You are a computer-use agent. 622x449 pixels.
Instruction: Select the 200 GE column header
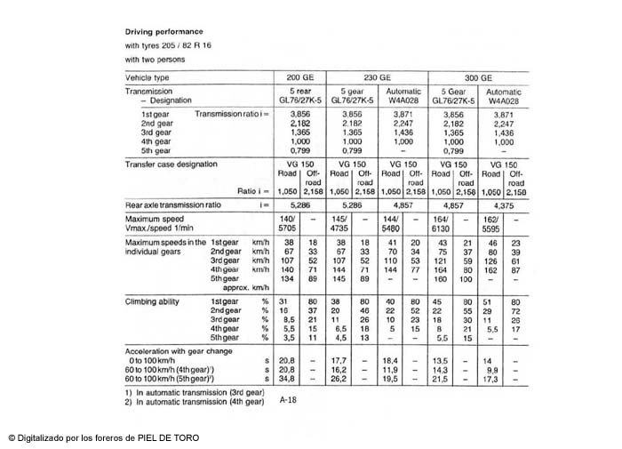click(x=300, y=77)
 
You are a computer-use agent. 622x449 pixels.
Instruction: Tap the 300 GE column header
click(x=479, y=77)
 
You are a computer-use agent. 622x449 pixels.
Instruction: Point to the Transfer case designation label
click(x=171, y=164)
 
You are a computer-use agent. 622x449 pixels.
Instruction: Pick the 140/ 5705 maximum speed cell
click(x=288, y=223)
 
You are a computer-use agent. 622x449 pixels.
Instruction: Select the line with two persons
click(x=155, y=59)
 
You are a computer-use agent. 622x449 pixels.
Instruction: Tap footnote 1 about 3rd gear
click(x=194, y=391)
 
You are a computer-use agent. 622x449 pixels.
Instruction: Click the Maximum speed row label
click(x=155, y=219)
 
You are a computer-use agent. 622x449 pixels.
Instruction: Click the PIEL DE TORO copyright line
click(x=103, y=437)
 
